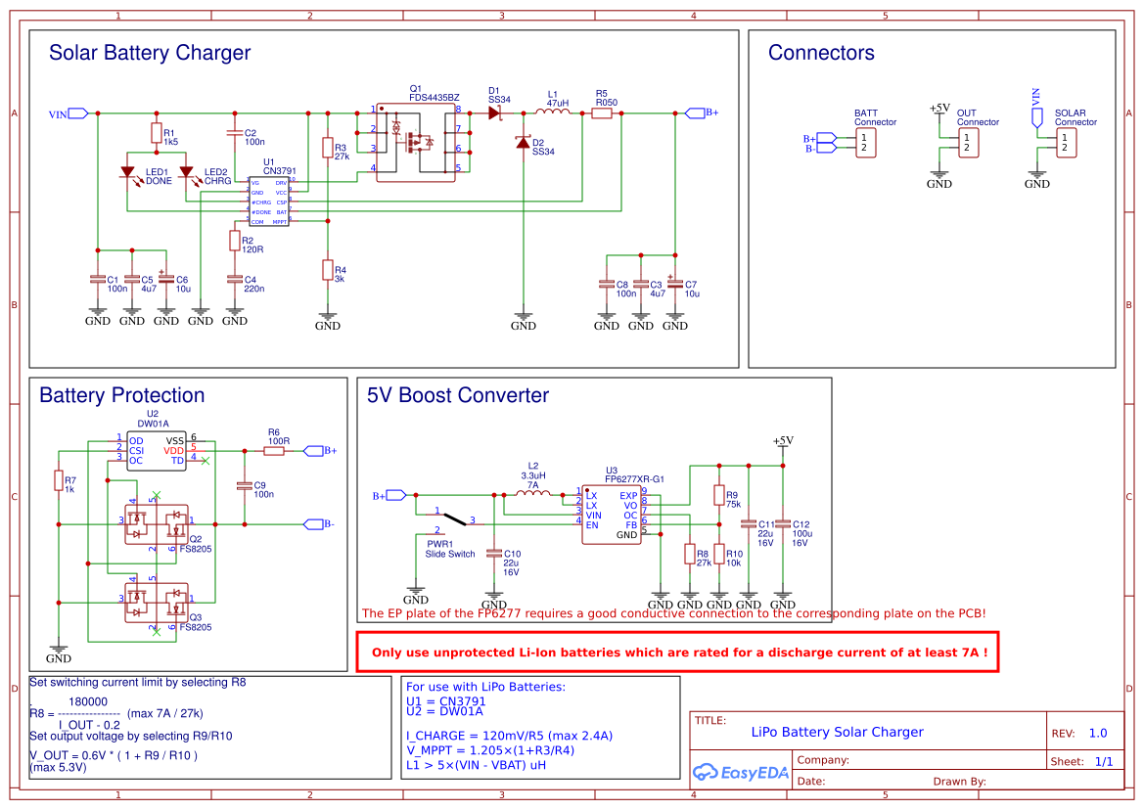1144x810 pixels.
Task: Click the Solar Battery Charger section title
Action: click(150, 54)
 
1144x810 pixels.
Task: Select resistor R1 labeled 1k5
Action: click(157, 132)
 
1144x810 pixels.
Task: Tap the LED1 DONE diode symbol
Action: click(127, 172)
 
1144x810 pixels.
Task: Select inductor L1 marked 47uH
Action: click(558, 112)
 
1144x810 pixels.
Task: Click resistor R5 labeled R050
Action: click(603, 113)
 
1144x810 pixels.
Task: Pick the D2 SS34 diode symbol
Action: click(524, 143)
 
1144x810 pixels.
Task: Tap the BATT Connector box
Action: click(864, 143)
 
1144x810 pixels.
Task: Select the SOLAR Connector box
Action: click(1065, 143)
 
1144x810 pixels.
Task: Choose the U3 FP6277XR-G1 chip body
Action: click(613, 515)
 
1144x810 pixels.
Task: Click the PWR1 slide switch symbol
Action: click(450, 518)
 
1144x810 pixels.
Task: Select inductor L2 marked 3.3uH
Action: click(532, 493)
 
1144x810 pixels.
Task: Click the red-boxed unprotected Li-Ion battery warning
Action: click(677, 652)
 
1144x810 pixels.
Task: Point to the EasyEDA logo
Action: click(740, 773)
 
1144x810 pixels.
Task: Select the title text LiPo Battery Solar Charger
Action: click(837, 732)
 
